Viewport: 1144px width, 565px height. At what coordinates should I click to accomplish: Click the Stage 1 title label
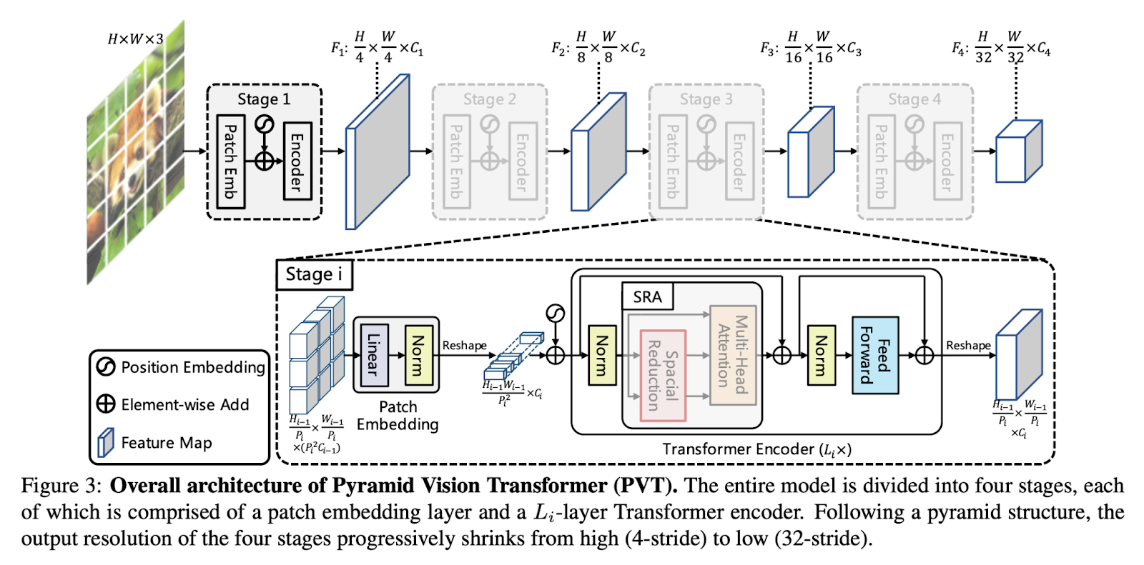click(x=264, y=99)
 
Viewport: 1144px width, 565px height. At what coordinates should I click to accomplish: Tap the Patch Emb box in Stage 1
click(x=230, y=161)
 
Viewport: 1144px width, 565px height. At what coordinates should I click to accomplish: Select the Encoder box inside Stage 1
click(x=297, y=161)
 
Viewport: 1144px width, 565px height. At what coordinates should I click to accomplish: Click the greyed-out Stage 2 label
click(x=489, y=99)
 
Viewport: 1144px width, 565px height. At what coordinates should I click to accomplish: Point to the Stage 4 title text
click(x=914, y=99)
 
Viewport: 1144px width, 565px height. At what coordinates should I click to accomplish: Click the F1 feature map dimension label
click(x=377, y=48)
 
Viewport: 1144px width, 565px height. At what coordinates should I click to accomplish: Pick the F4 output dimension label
click(x=1001, y=48)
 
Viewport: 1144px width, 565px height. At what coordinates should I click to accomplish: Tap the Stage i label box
click(x=314, y=274)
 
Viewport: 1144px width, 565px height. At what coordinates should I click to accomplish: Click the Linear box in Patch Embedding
click(x=374, y=354)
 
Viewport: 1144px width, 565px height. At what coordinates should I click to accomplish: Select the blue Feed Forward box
click(x=875, y=355)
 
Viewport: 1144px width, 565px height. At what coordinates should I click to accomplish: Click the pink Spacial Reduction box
click(x=663, y=375)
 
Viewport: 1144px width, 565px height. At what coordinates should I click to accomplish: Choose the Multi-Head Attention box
click(x=733, y=355)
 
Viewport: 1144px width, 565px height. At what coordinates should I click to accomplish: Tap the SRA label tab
click(x=647, y=296)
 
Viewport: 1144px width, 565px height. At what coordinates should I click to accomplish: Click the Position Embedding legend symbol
click(x=106, y=366)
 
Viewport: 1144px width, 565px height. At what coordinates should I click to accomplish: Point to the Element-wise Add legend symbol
click(x=106, y=404)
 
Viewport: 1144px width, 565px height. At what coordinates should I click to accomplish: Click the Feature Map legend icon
click(x=106, y=442)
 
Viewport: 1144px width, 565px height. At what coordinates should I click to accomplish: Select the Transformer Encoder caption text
click(x=756, y=449)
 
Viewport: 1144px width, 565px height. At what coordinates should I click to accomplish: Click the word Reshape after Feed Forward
click(x=968, y=346)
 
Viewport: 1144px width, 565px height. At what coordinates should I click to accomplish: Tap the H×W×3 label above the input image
click(x=135, y=39)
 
